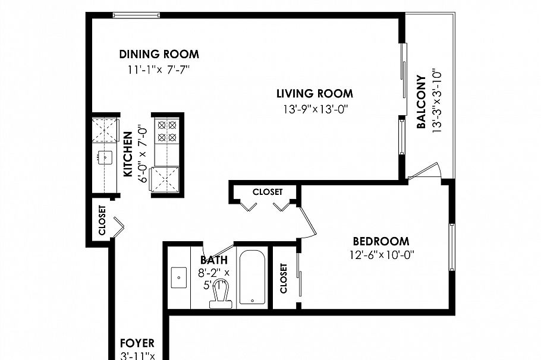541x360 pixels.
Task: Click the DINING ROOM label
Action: pos(159,54)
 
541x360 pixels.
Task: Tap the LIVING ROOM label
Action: pos(314,93)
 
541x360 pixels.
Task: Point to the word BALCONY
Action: pos(421,102)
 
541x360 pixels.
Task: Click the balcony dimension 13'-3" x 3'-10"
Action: pos(438,99)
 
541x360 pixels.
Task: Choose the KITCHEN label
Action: pos(128,154)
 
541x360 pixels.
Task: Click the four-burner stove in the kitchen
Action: pos(166,131)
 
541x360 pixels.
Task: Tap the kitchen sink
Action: pos(105,157)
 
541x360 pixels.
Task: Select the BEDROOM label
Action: pos(380,241)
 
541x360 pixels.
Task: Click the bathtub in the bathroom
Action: pos(253,277)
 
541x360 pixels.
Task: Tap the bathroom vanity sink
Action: pos(178,277)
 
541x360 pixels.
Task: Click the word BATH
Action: pos(213,260)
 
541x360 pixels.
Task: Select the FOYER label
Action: pos(137,343)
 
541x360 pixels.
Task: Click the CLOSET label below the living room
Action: pos(267,192)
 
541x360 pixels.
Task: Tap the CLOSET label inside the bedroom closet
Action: pos(284,278)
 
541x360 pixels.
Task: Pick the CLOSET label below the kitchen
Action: pos(101,220)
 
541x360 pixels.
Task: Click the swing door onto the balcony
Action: pos(423,171)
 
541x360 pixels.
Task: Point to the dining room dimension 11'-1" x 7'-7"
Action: pos(159,69)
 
